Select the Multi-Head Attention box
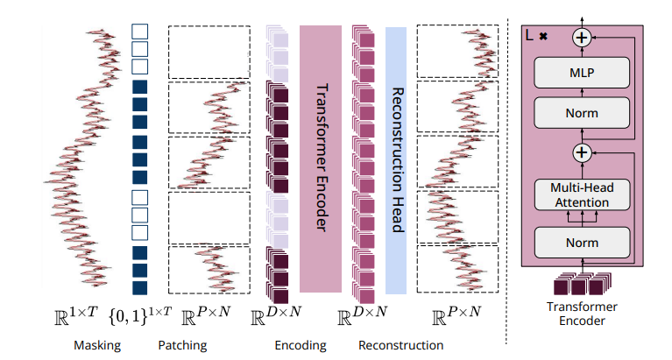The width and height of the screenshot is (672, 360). coord(582,194)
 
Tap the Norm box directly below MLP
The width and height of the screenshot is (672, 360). coord(582,113)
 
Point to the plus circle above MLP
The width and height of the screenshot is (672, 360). coord(582,37)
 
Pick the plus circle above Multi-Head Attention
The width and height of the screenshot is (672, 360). coord(582,153)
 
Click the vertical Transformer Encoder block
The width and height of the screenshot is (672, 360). coord(320,159)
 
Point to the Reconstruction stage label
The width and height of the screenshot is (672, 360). coord(401,345)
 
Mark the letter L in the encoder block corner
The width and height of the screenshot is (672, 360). coord(530,36)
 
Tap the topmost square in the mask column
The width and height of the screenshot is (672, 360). coord(138,31)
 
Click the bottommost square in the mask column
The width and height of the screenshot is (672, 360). coord(138,286)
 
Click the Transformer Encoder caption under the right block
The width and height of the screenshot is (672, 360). coord(582,314)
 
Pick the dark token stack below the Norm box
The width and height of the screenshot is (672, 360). coord(582,284)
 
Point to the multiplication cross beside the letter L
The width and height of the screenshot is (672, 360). coord(543,38)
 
